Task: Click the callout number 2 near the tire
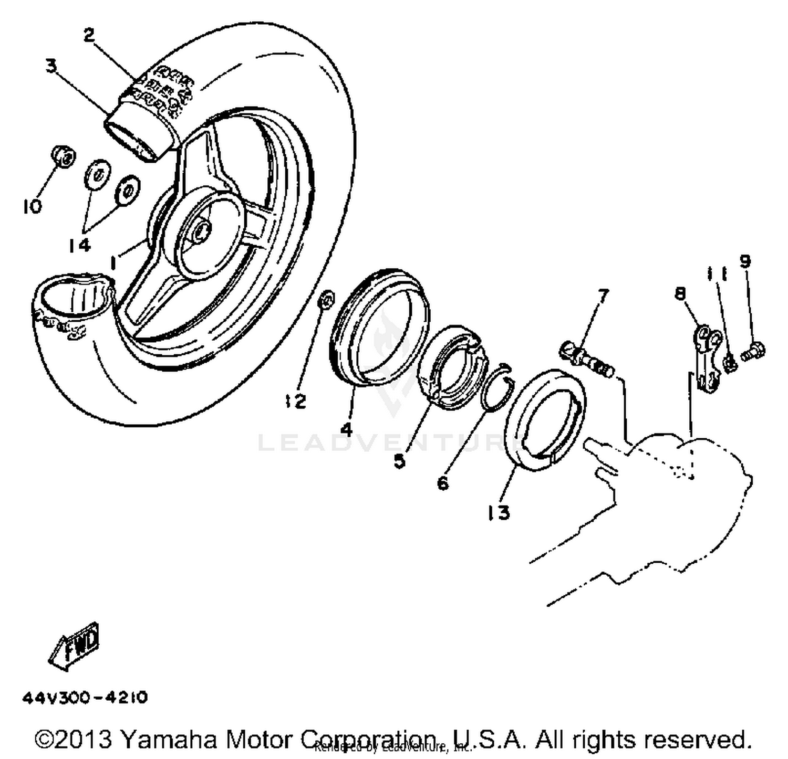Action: click(x=89, y=35)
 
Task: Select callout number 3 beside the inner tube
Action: click(x=51, y=67)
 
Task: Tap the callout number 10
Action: click(x=32, y=206)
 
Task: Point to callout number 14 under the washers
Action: click(x=79, y=245)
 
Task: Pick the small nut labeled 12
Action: click(x=326, y=300)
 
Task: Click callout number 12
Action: click(x=295, y=402)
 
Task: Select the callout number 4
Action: click(x=346, y=429)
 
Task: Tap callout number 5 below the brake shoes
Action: click(x=400, y=461)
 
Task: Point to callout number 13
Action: click(x=498, y=512)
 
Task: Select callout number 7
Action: click(x=603, y=297)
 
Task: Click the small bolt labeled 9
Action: click(x=754, y=351)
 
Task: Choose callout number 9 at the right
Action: click(x=745, y=261)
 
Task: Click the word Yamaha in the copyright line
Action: click(x=168, y=740)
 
